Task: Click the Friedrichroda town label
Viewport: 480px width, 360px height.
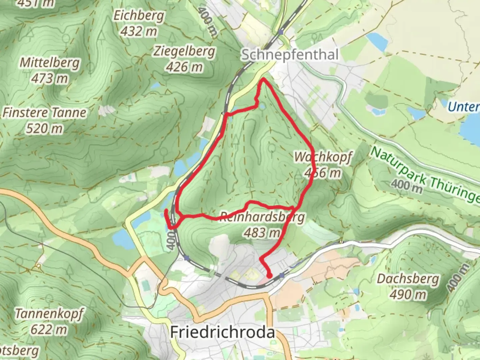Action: click(x=222, y=332)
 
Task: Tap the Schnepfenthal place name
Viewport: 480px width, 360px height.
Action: click(x=290, y=55)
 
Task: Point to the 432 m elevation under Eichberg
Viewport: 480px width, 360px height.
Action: click(x=139, y=32)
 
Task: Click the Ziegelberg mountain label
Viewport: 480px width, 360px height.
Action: click(x=184, y=51)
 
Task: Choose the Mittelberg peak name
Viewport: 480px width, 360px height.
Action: click(x=50, y=63)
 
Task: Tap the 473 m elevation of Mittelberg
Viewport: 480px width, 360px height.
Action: click(x=50, y=79)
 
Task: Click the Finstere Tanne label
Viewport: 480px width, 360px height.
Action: click(x=44, y=113)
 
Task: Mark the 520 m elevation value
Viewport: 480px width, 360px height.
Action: click(x=44, y=128)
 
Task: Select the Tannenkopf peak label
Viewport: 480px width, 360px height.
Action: click(x=49, y=314)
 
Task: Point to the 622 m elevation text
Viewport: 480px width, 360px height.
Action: click(x=49, y=330)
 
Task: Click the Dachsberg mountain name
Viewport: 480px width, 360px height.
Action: click(x=408, y=279)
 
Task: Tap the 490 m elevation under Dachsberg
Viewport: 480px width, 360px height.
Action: click(x=408, y=294)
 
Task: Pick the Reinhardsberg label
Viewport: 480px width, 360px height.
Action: click(x=262, y=217)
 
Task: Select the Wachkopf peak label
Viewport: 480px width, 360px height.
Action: click(x=323, y=157)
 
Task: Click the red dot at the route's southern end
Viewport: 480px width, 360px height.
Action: click(x=269, y=275)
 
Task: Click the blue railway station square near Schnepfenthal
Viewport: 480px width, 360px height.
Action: click(x=282, y=32)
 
